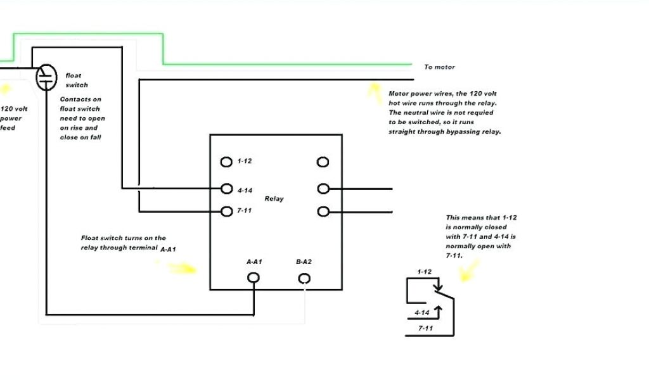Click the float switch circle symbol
point(46,77)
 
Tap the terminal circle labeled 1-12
point(226,162)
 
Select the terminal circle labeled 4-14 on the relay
point(226,188)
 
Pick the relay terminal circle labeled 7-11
point(226,211)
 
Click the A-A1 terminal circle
point(253,278)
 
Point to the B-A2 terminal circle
point(304,278)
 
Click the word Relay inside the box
point(274,199)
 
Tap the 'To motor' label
point(439,67)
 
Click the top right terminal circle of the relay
point(323,162)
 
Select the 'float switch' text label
point(77,80)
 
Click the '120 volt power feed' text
point(13,118)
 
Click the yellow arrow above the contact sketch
point(468,272)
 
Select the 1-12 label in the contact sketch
point(424,272)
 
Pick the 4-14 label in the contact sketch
point(422,313)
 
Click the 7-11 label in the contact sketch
point(425,329)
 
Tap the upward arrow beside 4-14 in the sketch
point(437,310)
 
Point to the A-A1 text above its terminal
point(254,262)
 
